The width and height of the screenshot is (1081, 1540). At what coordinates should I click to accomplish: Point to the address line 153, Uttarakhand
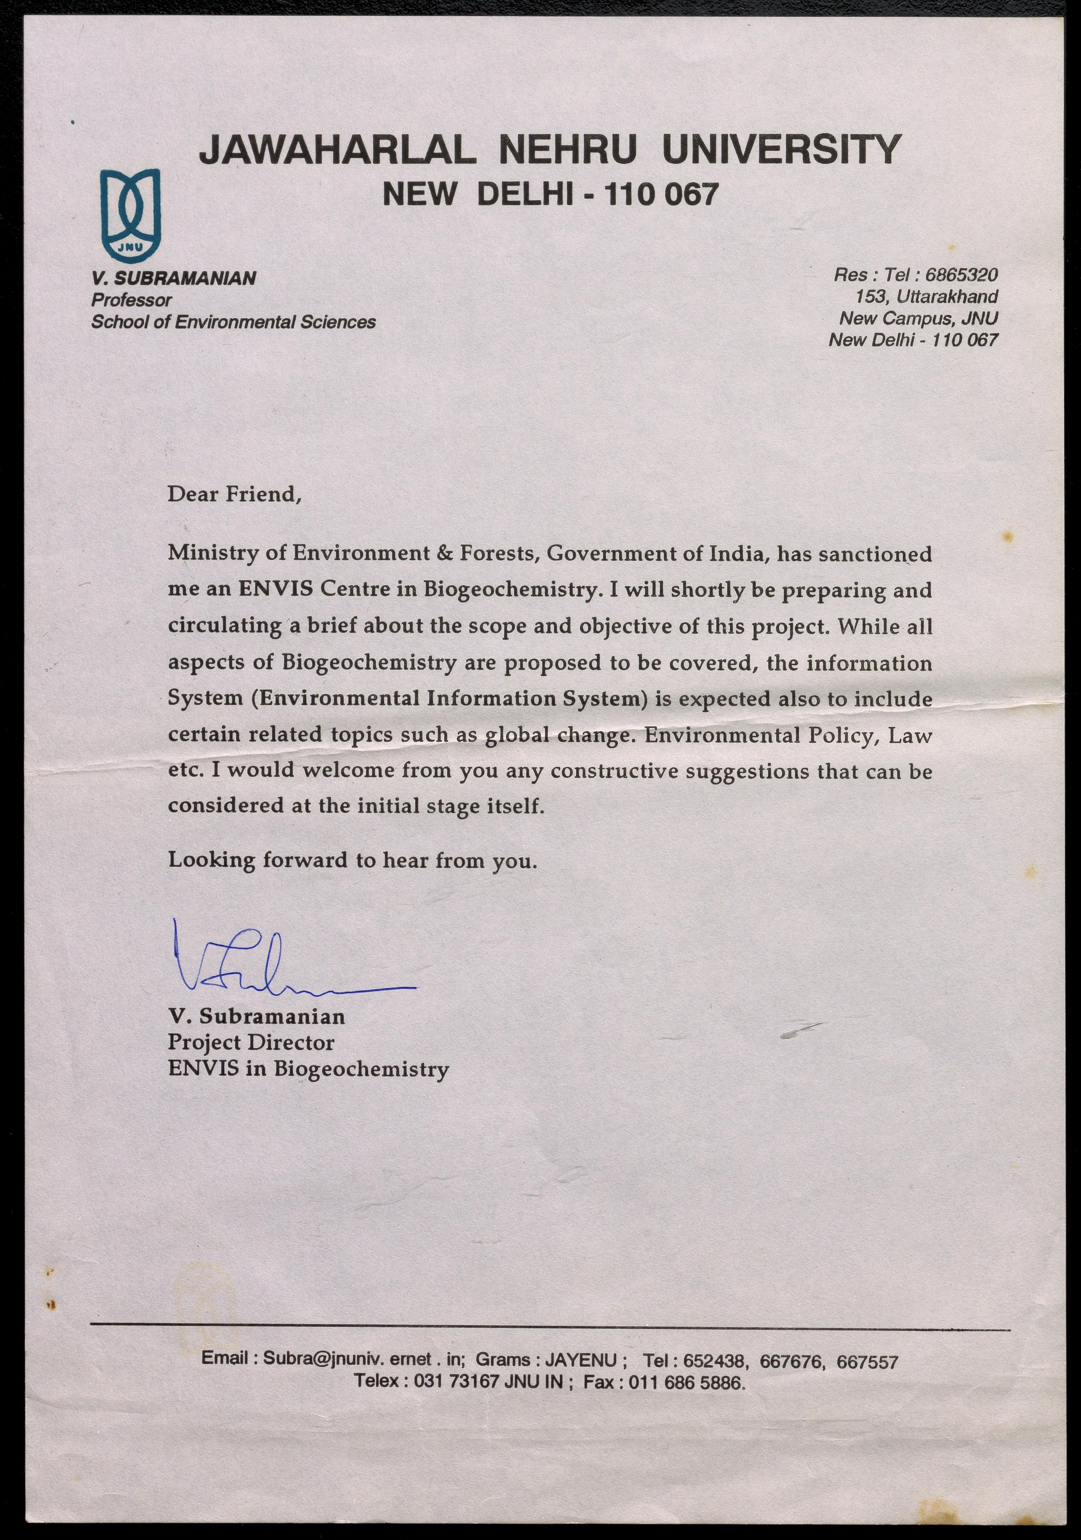(927, 297)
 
